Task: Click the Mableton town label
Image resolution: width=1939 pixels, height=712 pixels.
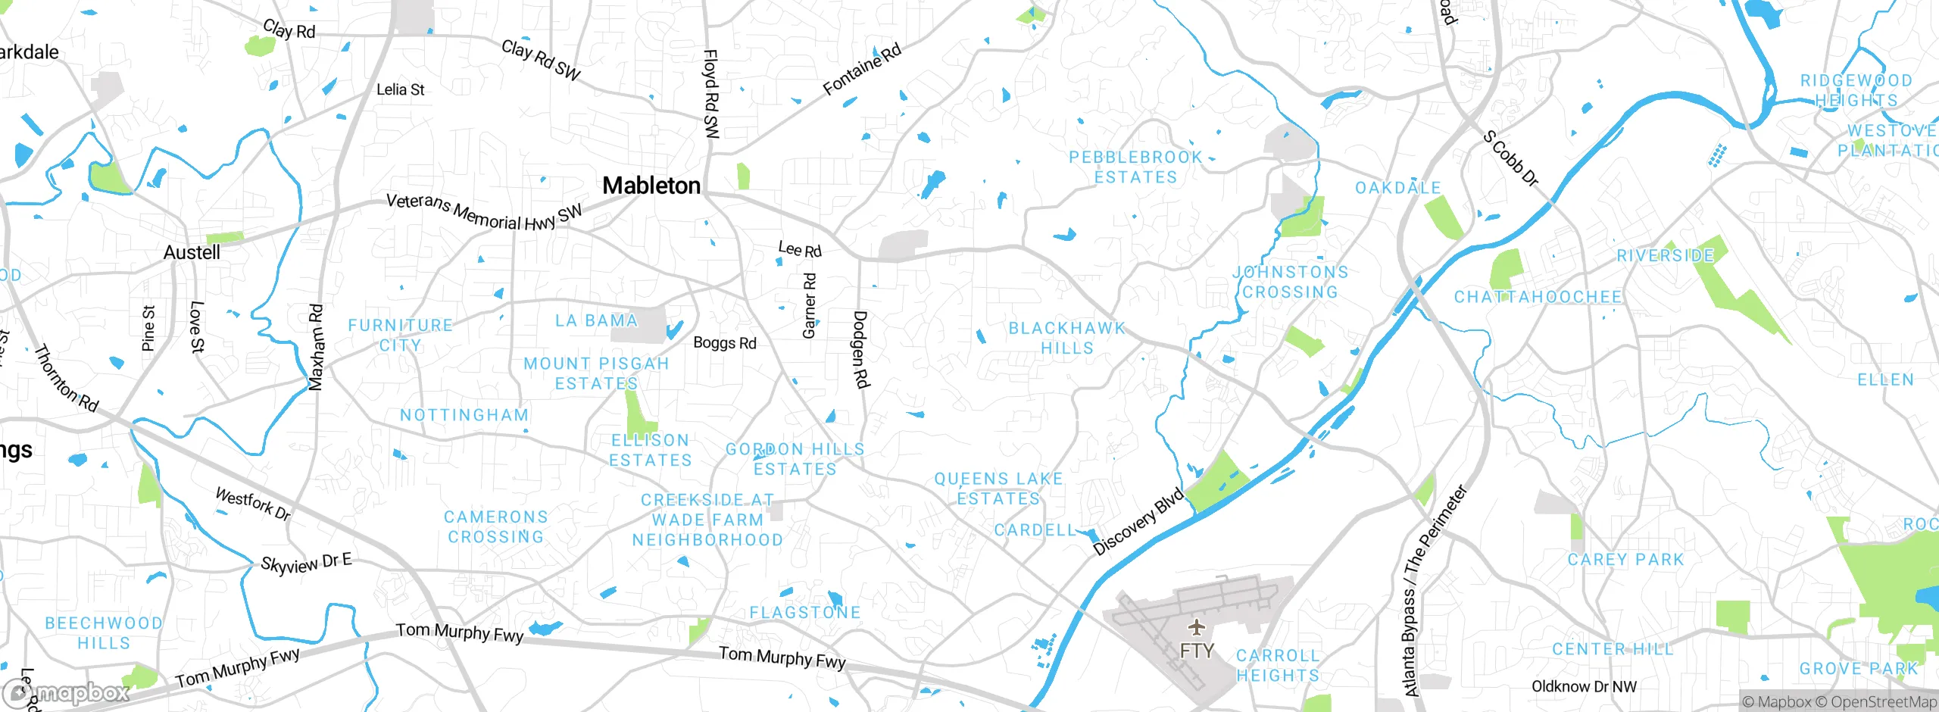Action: pyautogui.click(x=651, y=186)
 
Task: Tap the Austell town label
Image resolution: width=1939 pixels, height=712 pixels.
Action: pyautogui.click(x=192, y=252)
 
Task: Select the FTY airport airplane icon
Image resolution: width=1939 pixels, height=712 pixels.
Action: pyautogui.click(x=1196, y=627)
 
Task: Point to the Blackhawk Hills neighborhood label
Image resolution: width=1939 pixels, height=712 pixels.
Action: pyautogui.click(x=1066, y=338)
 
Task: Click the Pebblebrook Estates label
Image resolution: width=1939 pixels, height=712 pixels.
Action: pyautogui.click(x=1135, y=167)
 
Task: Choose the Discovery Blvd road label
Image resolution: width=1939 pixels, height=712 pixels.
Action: pyautogui.click(x=1138, y=522)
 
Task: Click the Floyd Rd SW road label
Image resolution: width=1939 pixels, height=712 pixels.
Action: pyautogui.click(x=710, y=94)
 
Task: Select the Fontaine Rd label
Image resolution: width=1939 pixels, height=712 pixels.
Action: pyautogui.click(x=862, y=70)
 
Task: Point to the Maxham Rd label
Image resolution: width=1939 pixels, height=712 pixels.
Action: pyautogui.click(x=317, y=348)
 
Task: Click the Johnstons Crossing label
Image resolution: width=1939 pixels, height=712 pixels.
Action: pyautogui.click(x=1290, y=282)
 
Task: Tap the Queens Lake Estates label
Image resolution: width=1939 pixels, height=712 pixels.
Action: pyautogui.click(x=998, y=489)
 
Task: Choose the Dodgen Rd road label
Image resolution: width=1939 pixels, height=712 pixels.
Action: pyautogui.click(x=860, y=349)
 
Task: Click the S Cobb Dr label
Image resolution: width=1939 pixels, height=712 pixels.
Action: pyautogui.click(x=1510, y=159)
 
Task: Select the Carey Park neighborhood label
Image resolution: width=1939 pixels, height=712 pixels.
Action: pyautogui.click(x=1625, y=560)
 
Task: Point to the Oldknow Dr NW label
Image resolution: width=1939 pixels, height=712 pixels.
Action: pyautogui.click(x=1584, y=687)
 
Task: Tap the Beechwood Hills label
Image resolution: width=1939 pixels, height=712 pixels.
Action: pyautogui.click(x=104, y=633)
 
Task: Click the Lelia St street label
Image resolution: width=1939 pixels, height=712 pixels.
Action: pyautogui.click(x=400, y=89)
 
